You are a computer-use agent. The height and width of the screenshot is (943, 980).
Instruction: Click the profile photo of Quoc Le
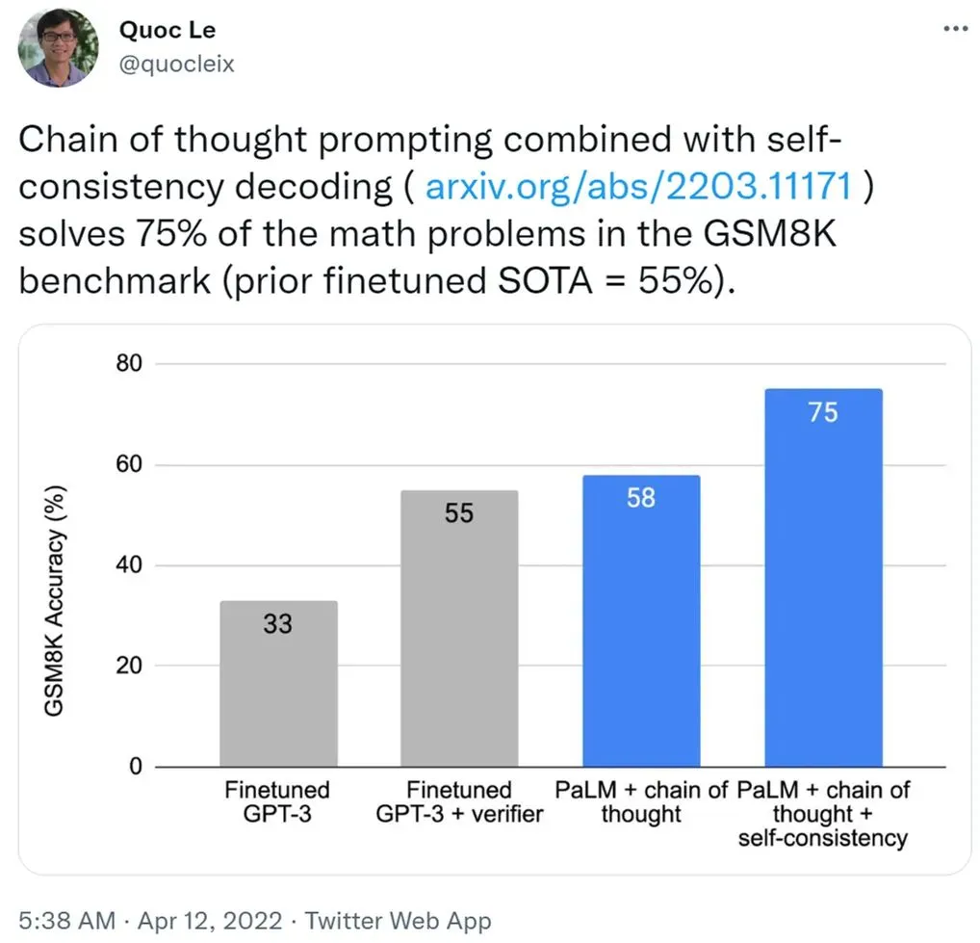click(59, 47)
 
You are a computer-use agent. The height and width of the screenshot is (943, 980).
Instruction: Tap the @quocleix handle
click(176, 64)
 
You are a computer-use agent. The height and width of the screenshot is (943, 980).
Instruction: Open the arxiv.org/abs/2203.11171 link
click(638, 185)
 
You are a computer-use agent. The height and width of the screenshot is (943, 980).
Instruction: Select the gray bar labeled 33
click(278, 684)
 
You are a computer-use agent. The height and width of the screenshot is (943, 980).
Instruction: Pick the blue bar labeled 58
click(641, 621)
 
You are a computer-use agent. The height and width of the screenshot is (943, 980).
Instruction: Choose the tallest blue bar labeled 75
click(823, 578)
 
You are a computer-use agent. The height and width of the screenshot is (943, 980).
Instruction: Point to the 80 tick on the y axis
click(129, 364)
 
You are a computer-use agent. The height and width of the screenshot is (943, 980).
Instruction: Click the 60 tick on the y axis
click(129, 465)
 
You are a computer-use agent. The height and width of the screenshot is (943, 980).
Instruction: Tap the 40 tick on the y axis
click(129, 565)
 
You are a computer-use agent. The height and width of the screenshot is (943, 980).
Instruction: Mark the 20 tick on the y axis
click(129, 666)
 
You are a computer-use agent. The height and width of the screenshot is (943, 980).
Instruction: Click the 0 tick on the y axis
click(136, 767)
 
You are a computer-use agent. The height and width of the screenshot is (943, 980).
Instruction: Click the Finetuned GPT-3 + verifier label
click(459, 802)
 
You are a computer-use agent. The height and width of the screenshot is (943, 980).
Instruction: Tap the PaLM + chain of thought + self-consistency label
click(823, 814)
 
